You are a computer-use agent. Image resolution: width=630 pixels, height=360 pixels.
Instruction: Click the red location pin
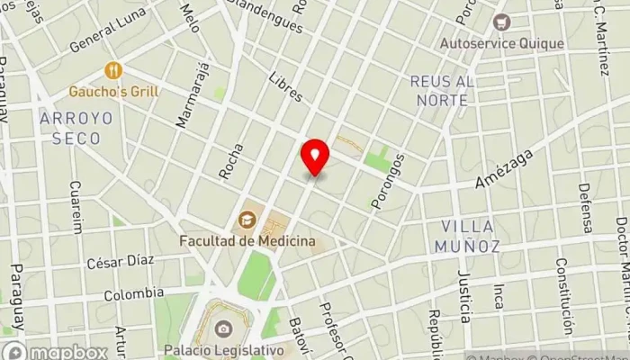click(x=315, y=158)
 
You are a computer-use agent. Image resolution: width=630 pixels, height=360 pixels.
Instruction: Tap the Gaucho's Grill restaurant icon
click(x=113, y=69)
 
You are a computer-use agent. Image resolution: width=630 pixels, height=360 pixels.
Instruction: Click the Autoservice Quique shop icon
click(x=502, y=21)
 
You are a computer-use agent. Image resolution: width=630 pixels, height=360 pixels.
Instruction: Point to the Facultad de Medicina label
click(x=247, y=241)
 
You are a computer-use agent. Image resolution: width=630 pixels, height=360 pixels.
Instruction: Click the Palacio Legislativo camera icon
click(x=223, y=328)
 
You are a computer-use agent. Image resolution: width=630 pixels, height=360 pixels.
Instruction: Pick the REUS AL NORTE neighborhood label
click(x=440, y=91)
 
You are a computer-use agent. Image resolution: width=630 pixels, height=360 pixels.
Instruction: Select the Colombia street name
click(x=134, y=293)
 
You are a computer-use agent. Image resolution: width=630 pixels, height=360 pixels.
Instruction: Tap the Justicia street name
click(x=463, y=296)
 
